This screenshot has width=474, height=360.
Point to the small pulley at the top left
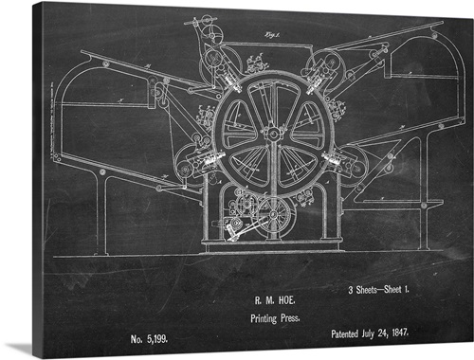(201, 21)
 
